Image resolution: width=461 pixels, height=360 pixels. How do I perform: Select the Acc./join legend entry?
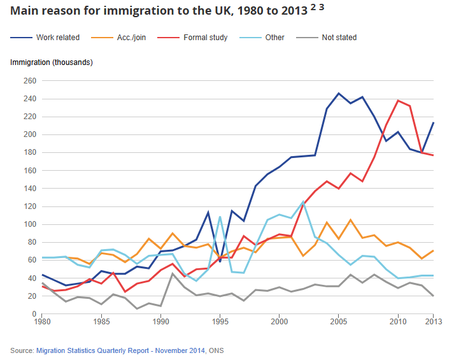(x=131, y=38)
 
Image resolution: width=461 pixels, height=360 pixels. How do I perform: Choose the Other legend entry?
(x=274, y=38)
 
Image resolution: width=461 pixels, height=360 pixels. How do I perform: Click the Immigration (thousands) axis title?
(x=52, y=62)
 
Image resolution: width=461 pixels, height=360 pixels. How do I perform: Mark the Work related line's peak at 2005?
(x=339, y=94)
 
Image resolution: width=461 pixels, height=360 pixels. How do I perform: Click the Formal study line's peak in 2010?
(x=398, y=101)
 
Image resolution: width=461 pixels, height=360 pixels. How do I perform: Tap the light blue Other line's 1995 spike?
(x=220, y=217)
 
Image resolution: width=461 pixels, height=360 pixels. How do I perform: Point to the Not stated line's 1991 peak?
(x=173, y=273)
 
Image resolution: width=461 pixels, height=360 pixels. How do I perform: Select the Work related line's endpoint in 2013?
(x=434, y=123)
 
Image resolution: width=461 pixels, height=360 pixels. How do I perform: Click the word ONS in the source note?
(x=216, y=350)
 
